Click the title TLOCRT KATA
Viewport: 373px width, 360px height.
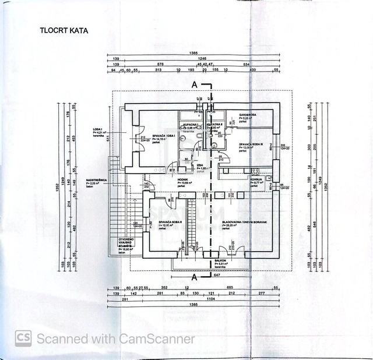(x=64, y=30)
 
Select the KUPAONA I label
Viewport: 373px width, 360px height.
(x=190, y=125)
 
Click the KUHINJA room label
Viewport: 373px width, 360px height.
(x=256, y=180)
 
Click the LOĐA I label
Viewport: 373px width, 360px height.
(x=97, y=129)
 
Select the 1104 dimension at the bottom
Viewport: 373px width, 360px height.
(x=201, y=298)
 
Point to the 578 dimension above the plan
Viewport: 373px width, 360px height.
(x=168, y=63)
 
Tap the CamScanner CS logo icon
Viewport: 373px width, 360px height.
(x=23, y=338)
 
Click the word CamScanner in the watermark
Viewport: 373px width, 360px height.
(x=157, y=338)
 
